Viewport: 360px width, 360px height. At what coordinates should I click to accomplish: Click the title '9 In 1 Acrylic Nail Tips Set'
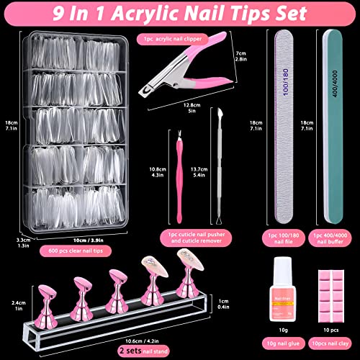(x=180, y=12)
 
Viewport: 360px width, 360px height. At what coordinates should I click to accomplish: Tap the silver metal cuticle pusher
(x=215, y=166)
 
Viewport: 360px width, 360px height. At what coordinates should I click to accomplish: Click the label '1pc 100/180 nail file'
(x=284, y=238)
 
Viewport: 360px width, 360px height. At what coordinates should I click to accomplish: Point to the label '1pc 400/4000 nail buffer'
(x=329, y=238)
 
